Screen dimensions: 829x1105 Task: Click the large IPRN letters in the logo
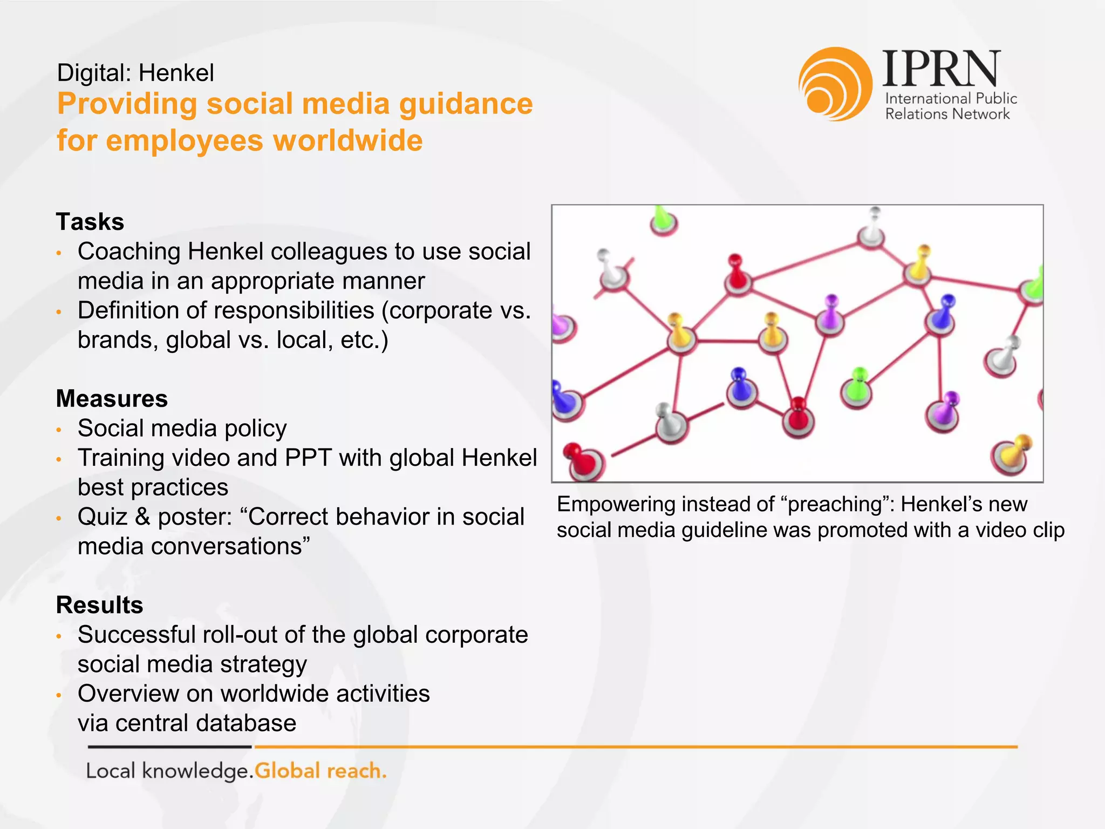point(942,69)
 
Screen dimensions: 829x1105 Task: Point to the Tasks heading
point(90,222)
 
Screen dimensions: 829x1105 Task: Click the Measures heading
point(112,399)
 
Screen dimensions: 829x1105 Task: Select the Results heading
point(100,605)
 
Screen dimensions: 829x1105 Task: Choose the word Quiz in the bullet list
point(103,517)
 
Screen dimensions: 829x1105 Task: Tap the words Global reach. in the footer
point(320,771)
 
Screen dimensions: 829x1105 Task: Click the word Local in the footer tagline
point(111,771)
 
